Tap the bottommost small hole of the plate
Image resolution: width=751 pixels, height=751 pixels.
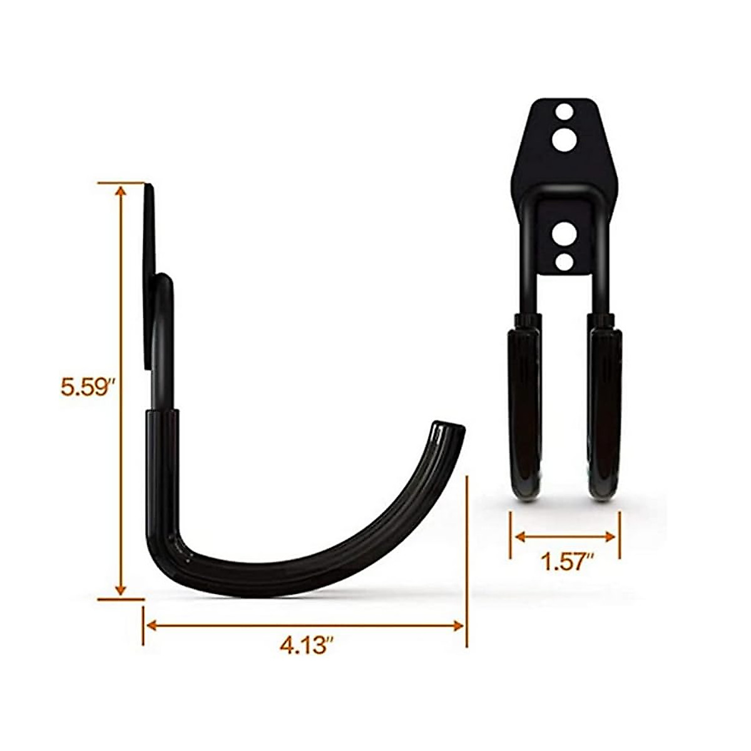(x=564, y=262)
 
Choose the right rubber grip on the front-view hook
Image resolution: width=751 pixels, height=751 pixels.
(x=603, y=407)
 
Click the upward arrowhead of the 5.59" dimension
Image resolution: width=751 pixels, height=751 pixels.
(x=121, y=192)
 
